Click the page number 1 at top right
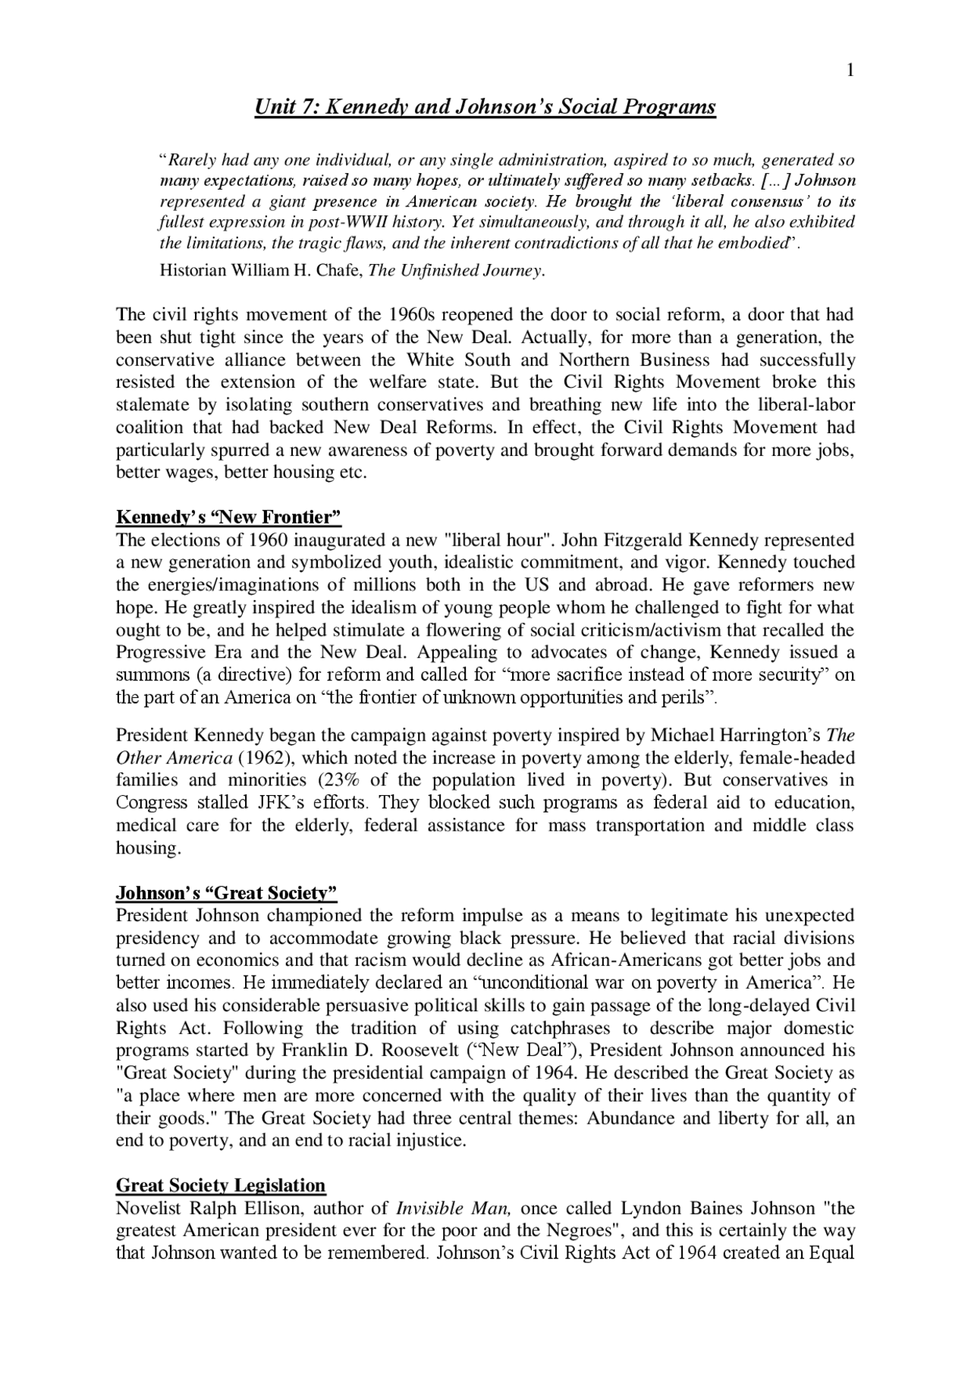(850, 71)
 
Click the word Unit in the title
(273, 107)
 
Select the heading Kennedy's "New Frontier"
(228, 517)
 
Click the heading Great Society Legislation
(221, 1185)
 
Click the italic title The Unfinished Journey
(455, 271)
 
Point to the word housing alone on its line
(147, 847)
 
